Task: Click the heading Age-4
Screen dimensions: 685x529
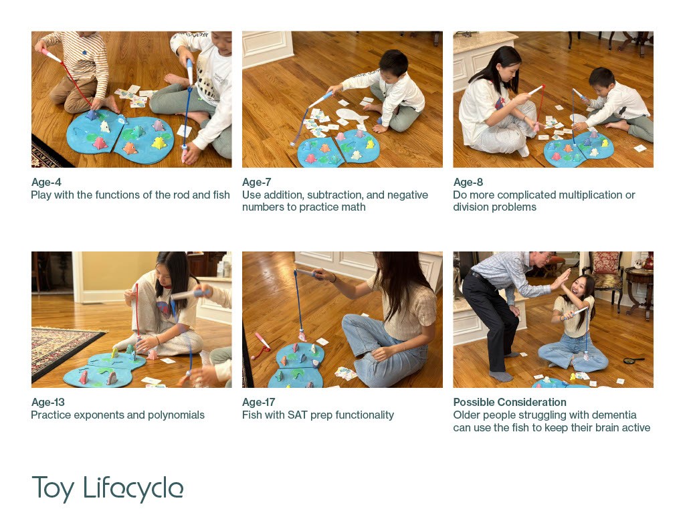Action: (46, 182)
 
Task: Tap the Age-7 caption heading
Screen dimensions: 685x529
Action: (257, 182)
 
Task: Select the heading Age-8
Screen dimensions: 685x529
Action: (468, 182)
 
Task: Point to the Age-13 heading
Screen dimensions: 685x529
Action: (48, 403)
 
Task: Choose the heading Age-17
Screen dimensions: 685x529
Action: (259, 403)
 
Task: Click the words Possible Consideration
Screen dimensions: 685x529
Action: (510, 403)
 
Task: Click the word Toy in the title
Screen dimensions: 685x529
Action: (53, 489)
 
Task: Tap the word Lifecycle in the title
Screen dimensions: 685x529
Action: (133, 489)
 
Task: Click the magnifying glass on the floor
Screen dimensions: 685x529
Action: (632, 360)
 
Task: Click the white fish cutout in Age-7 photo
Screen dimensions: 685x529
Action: (352, 116)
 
